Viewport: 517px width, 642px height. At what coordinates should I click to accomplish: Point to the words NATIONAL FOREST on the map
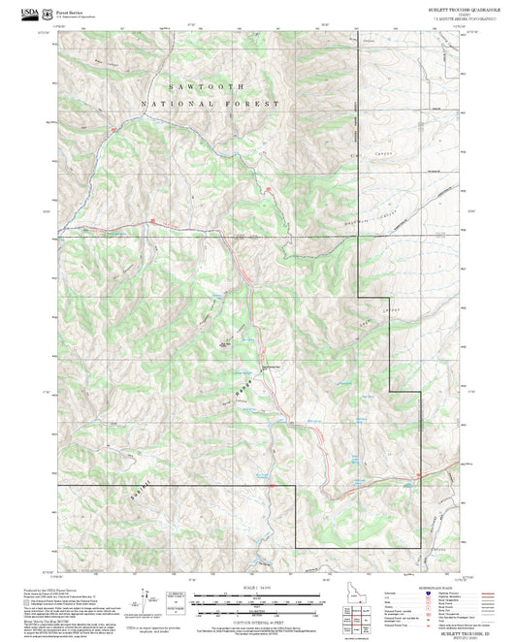click(x=210, y=103)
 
